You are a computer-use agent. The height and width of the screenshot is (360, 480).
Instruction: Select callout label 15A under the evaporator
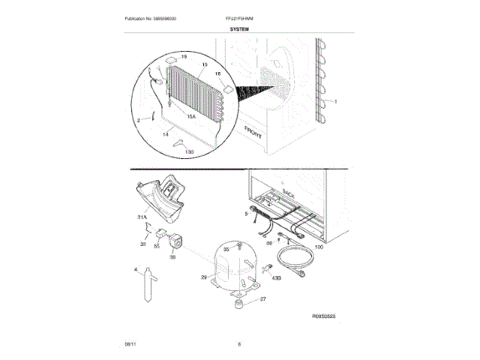coord(190,116)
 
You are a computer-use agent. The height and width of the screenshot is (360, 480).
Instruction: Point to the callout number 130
coord(189,152)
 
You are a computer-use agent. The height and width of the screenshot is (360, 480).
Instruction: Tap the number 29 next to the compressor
coord(202,277)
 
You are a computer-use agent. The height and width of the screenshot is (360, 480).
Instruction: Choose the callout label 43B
coord(276,278)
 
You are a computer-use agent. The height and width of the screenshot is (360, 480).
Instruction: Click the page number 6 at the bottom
coord(239,344)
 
